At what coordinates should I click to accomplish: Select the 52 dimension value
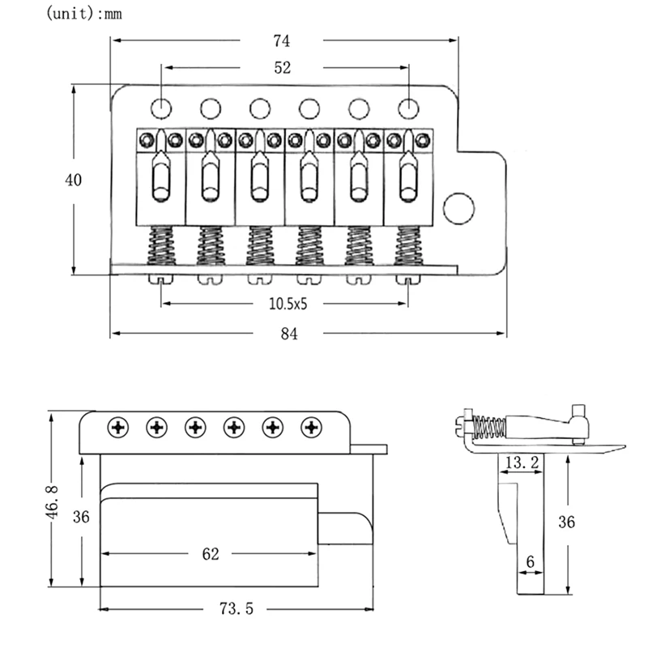282,69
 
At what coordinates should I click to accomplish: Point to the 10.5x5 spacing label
288,304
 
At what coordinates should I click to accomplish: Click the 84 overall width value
288,334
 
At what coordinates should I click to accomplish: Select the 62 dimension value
211,554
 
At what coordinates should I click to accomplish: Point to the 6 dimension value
530,560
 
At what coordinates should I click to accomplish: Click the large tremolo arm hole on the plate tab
459,208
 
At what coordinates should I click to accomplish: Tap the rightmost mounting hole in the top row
408,108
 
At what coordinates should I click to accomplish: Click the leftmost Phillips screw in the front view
119,427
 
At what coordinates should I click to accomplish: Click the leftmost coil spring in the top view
161,245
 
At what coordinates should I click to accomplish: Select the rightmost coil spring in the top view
408,245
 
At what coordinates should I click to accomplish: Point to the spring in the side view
488,426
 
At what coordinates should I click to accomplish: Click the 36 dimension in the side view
567,522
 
